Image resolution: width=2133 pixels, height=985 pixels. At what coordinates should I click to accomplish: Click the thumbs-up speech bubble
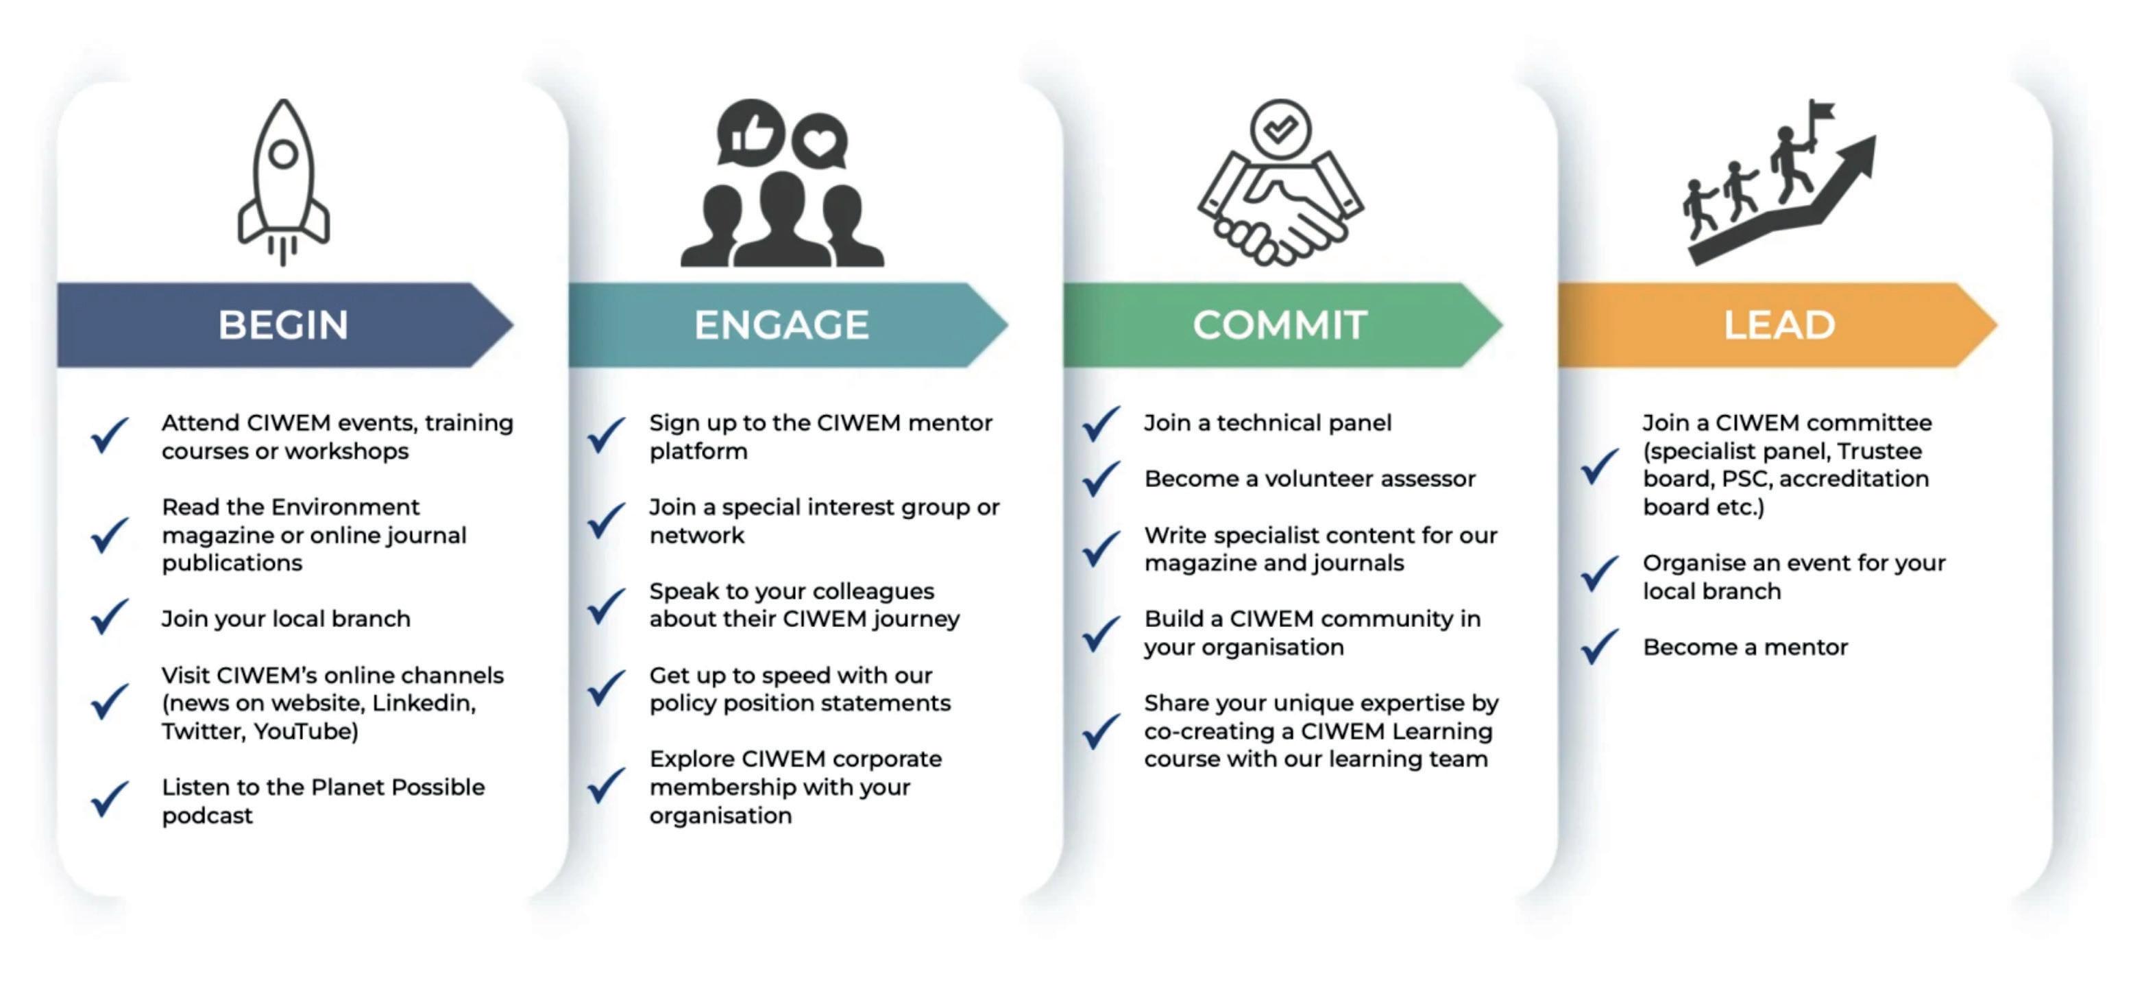pos(751,132)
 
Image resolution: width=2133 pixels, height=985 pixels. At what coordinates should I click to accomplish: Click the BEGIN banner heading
pos(283,324)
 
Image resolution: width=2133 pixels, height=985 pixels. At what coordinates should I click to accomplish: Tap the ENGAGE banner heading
pos(781,324)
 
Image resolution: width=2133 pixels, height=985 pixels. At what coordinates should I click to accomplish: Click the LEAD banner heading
pos(1779,324)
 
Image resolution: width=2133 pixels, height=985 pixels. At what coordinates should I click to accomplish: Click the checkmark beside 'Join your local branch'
pos(109,617)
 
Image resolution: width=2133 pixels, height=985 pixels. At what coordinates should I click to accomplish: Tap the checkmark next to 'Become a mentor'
pos(1599,646)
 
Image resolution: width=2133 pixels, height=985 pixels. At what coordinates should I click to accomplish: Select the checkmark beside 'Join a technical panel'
pos(1101,423)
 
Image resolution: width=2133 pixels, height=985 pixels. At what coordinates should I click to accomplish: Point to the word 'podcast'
pos(207,816)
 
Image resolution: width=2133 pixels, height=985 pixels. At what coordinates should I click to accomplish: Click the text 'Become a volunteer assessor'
pos(1310,479)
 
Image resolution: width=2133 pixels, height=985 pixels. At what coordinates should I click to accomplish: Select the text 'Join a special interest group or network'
pos(824,521)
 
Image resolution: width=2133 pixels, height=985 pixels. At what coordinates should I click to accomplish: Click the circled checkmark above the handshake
pos(1280,129)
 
